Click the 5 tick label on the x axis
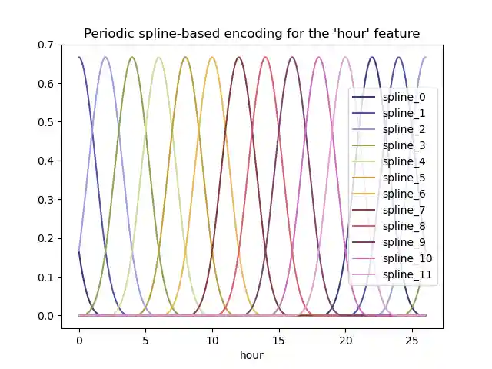[145, 338]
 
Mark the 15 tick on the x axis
[278, 338]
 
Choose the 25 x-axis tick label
[412, 338]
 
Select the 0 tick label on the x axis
[78, 338]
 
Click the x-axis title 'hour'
[251, 355]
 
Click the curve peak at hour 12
[239, 58]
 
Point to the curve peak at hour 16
[292, 58]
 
